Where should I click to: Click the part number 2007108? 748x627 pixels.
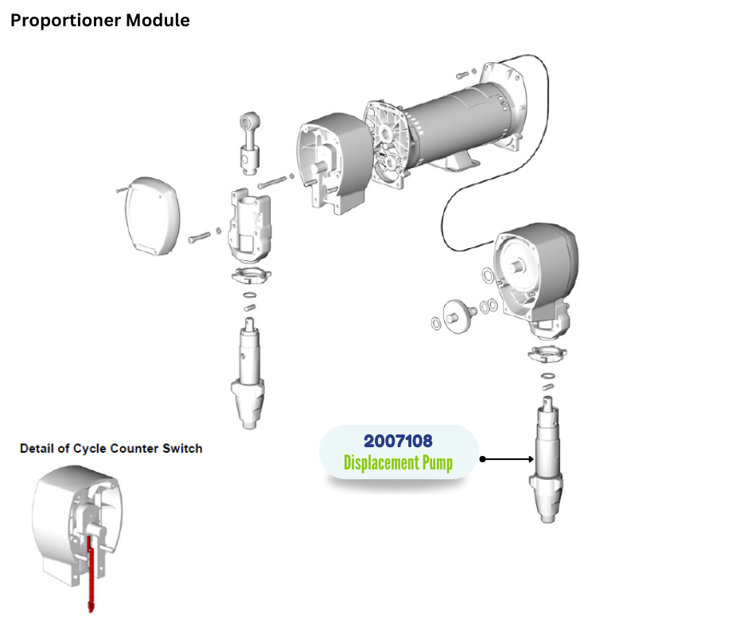point(398,441)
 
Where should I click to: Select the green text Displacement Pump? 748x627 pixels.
point(398,462)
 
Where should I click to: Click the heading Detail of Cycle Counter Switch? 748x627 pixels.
point(111,449)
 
